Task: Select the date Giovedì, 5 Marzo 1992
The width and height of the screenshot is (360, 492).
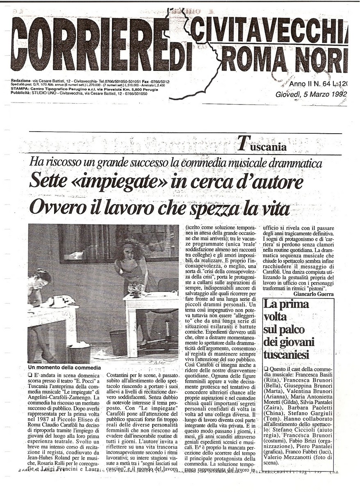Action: coord(311,95)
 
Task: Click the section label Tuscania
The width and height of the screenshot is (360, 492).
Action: coord(262,144)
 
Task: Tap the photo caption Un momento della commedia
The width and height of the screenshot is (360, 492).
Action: coord(64,367)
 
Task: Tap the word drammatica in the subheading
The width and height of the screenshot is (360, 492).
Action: coord(296,163)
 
